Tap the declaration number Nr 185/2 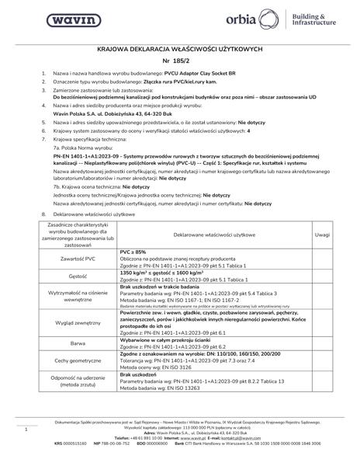[x=180, y=60]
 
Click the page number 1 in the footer [x=27, y=428]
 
